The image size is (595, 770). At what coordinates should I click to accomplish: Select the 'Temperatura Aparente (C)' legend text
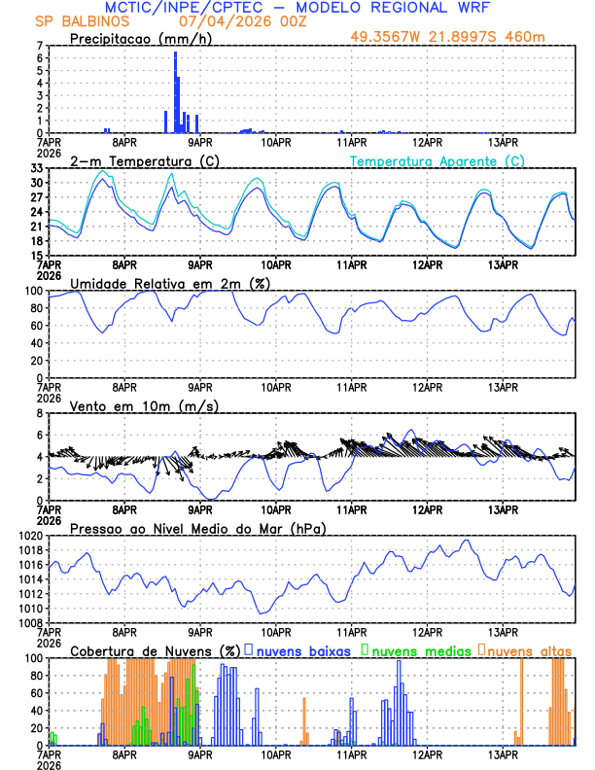click(x=437, y=160)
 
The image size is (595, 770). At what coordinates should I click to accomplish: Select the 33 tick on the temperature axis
click(x=37, y=168)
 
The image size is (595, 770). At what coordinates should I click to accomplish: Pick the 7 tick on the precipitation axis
click(x=40, y=46)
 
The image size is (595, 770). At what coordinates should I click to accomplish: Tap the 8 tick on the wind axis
click(x=40, y=413)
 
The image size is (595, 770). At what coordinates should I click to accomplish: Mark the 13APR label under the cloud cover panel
click(x=503, y=753)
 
